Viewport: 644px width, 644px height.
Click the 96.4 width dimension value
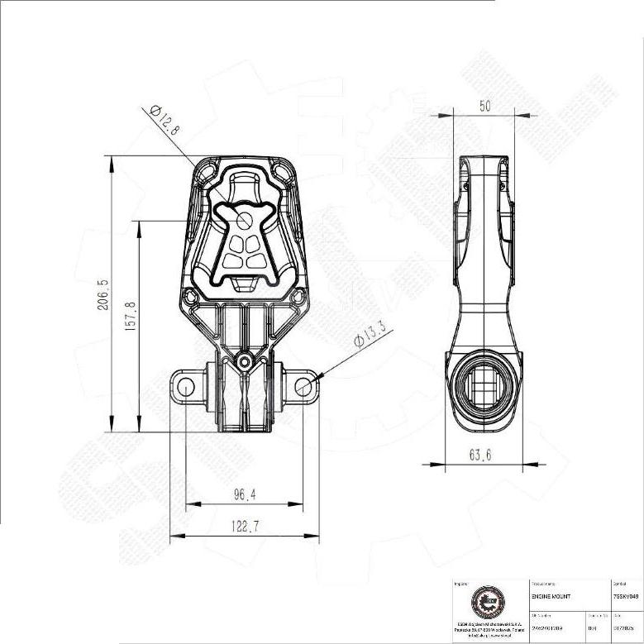[x=244, y=495]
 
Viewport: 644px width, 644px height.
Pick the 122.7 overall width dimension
[x=244, y=527]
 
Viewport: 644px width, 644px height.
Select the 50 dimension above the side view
[x=484, y=105]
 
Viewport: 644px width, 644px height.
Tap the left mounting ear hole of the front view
[x=185, y=385]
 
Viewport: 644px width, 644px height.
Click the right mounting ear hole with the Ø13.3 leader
[x=303, y=385]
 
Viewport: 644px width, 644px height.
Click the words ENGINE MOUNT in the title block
[x=551, y=596]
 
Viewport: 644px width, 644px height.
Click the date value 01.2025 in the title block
[x=627, y=628]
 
